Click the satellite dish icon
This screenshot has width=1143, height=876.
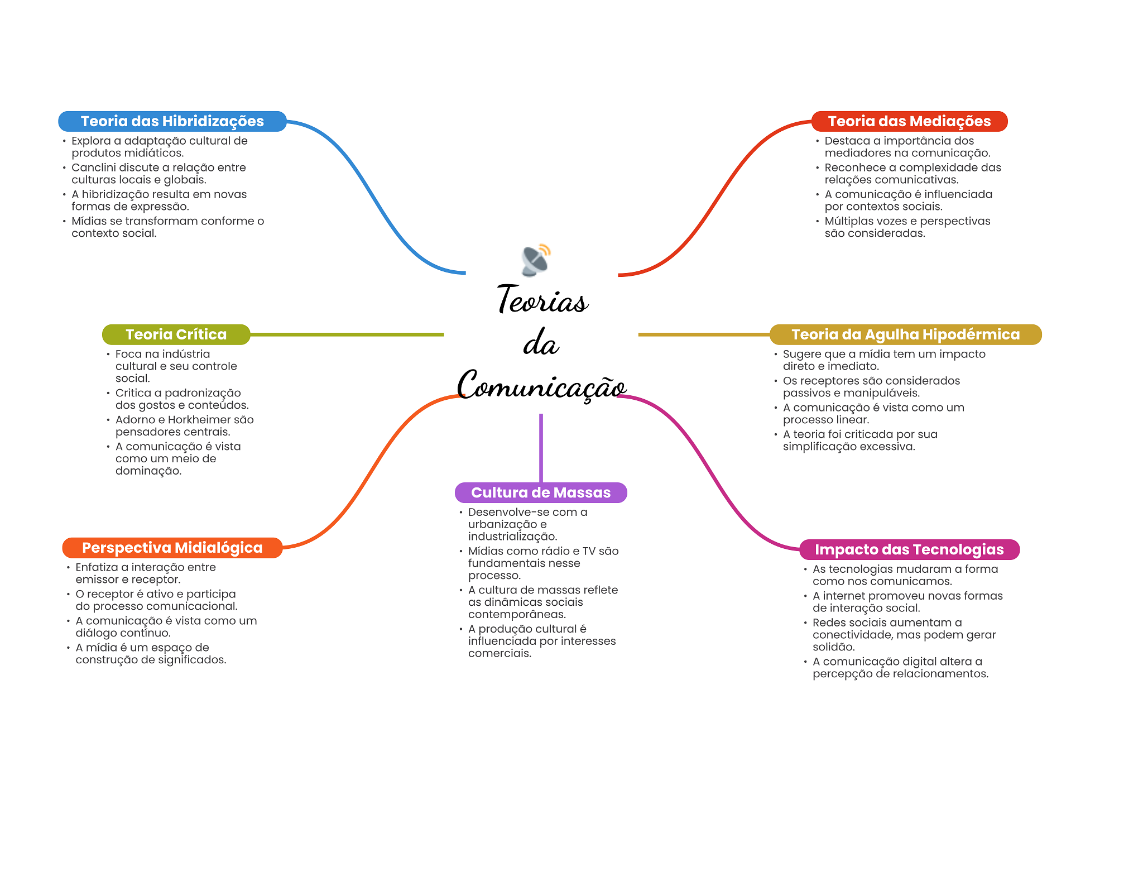(536, 260)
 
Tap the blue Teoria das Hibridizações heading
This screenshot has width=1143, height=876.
(172, 121)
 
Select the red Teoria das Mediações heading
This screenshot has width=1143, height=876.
(909, 121)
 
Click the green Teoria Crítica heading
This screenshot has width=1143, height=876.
(176, 334)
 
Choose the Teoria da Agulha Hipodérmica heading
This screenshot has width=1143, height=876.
(906, 334)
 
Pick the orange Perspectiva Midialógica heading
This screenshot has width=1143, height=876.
(172, 548)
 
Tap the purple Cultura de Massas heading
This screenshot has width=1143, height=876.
(541, 492)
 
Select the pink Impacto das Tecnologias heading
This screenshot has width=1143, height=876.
(909, 549)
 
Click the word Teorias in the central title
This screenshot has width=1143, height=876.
(542, 300)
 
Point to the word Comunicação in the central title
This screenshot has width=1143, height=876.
(541, 385)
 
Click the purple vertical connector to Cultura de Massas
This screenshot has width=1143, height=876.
(541, 448)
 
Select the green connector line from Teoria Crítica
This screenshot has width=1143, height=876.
(347, 334)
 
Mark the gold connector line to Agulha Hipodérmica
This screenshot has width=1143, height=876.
(704, 334)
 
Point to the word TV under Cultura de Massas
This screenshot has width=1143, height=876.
(589, 551)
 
